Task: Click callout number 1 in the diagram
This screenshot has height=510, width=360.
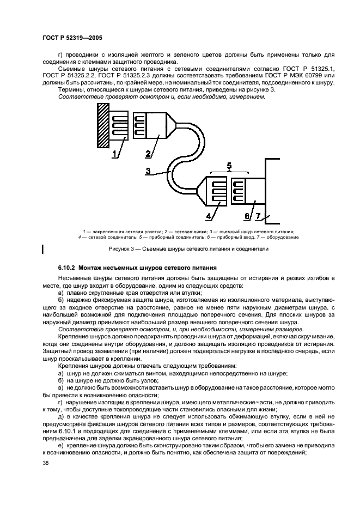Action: pos(115,155)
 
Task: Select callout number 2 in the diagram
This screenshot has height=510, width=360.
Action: pos(148,155)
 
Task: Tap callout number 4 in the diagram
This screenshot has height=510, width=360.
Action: pos(209,216)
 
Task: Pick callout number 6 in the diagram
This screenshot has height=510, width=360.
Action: pos(247,216)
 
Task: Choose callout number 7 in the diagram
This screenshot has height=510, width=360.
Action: pos(259,216)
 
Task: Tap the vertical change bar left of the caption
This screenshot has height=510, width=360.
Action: pos(42,250)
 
